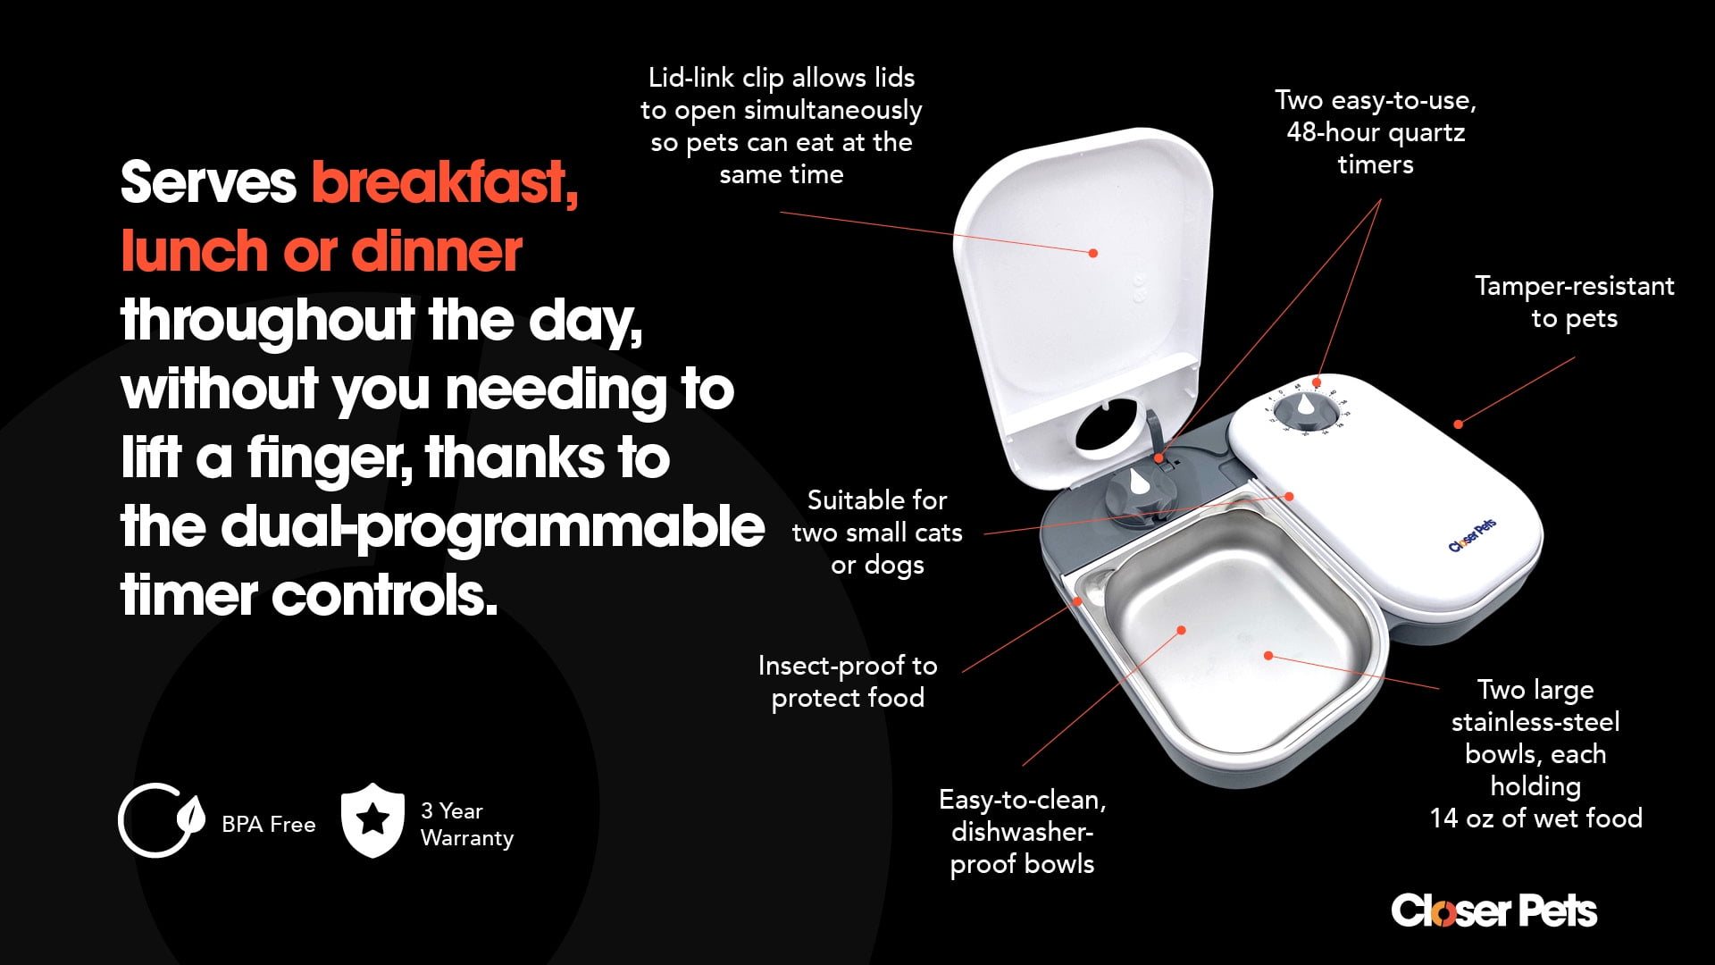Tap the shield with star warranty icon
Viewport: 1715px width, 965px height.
(372, 820)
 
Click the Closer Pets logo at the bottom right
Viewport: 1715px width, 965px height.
(1493, 910)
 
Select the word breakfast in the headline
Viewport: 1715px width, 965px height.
(445, 182)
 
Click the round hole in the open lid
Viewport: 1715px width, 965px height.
(1108, 426)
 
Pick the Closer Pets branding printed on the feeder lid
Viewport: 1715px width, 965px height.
(1472, 535)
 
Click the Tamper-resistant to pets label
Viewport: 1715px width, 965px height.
(1574, 302)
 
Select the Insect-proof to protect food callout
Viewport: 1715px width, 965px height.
(848, 681)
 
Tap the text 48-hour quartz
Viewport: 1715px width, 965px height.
(1376, 132)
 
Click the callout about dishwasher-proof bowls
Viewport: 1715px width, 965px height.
(1023, 831)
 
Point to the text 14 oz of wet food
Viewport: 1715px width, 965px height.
(1536, 818)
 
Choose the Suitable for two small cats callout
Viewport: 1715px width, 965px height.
(877, 532)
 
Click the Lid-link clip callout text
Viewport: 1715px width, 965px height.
(782, 125)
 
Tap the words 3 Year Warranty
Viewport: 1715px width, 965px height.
(467, 824)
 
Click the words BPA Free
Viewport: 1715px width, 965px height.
(269, 824)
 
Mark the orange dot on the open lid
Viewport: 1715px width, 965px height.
(1093, 253)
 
